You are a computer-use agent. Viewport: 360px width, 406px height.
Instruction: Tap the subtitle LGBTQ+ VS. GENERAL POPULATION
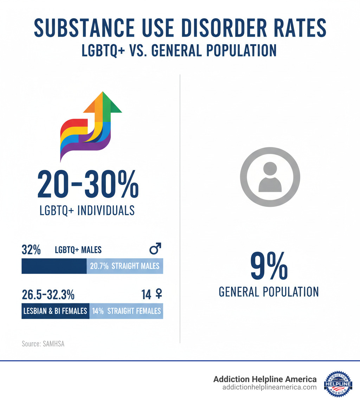click(179, 50)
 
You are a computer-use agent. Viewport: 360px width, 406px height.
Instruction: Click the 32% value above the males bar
click(31, 250)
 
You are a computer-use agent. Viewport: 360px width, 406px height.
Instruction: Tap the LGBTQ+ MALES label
click(78, 250)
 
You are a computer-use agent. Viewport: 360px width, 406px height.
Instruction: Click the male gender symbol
click(155, 249)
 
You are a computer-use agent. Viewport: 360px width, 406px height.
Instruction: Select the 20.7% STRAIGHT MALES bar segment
click(125, 266)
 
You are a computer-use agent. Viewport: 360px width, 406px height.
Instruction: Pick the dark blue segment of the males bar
click(54, 266)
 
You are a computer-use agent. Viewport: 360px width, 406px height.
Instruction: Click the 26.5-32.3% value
click(48, 295)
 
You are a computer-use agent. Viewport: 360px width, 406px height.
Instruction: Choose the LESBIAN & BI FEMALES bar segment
click(55, 311)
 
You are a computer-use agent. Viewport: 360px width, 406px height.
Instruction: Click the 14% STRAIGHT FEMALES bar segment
click(126, 311)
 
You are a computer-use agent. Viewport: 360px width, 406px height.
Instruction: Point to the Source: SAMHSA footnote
click(43, 344)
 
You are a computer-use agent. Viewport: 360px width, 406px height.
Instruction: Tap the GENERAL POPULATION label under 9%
click(269, 292)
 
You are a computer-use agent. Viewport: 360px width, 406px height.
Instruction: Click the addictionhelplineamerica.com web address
click(269, 387)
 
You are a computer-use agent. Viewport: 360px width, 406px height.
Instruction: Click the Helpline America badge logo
click(338, 384)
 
